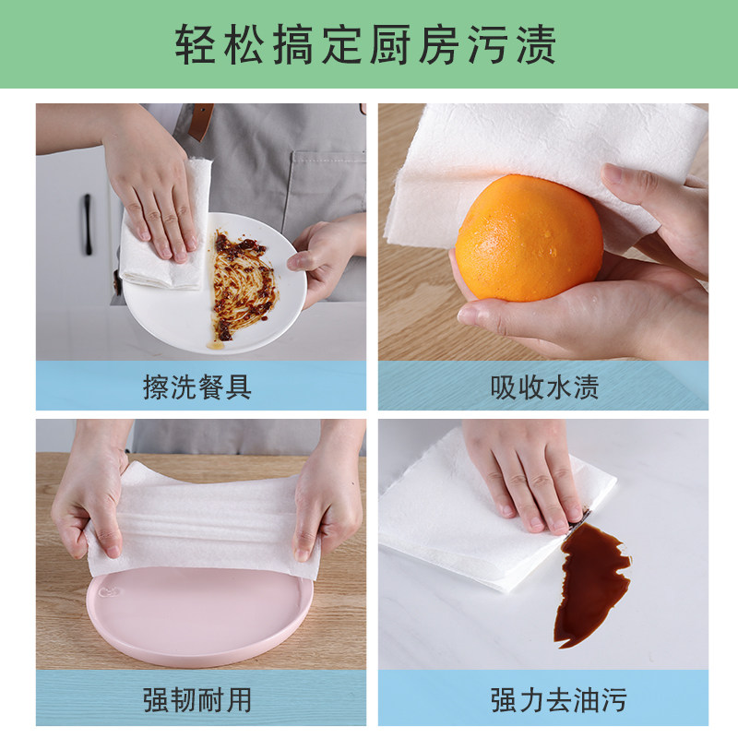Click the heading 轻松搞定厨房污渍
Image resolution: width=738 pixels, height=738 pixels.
(365, 44)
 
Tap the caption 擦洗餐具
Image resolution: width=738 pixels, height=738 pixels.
(197, 387)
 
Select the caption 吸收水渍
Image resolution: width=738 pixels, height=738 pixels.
(544, 387)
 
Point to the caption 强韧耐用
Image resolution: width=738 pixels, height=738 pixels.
(197, 700)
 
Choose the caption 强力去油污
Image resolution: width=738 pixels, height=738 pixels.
(558, 700)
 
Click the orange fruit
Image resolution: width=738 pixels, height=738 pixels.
(529, 238)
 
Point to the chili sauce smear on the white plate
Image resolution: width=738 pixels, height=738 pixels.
(243, 285)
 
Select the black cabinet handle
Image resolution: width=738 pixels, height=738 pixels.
(88, 224)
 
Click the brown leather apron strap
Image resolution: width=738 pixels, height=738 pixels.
(202, 122)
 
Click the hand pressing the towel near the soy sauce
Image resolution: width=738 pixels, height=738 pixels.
(525, 475)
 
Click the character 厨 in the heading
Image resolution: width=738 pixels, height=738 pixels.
(389, 44)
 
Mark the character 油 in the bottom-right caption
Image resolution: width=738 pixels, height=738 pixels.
(586, 700)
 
